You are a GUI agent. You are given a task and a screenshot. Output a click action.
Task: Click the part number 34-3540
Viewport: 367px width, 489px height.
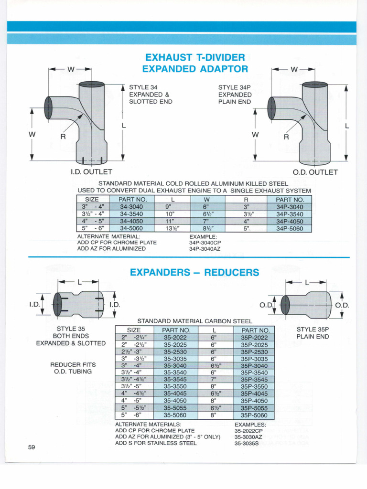pos(131,214)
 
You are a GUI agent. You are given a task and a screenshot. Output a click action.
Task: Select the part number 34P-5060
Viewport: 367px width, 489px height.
pos(290,228)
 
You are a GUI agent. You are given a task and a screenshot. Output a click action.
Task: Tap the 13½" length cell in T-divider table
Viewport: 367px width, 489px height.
pos(172,228)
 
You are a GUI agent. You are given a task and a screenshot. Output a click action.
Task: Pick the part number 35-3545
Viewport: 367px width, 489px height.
pos(175,380)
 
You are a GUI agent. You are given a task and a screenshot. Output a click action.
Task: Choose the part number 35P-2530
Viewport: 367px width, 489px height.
pos(254,352)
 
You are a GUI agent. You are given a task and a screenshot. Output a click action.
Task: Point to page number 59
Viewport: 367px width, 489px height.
pos(32,447)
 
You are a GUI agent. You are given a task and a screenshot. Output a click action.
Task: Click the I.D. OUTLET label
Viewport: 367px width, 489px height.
pos(91,172)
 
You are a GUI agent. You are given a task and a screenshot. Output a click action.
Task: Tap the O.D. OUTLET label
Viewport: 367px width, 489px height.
pos(315,172)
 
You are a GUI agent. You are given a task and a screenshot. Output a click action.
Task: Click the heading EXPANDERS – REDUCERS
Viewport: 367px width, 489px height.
pos(194,272)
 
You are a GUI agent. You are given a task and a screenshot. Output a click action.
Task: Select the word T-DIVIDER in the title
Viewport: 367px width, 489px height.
pos(221,57)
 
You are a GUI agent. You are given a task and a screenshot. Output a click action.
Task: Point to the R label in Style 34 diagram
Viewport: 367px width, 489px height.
pos(63,137)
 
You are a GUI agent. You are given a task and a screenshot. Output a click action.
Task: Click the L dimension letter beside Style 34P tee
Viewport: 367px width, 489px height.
pos(347,126)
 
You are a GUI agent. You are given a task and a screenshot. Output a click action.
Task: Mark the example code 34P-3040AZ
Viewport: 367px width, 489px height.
pos(205,249)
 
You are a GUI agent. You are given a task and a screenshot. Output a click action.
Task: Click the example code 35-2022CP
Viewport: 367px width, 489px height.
pos(248,431)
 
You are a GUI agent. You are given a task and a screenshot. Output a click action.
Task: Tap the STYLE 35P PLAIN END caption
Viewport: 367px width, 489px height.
pos(313,333)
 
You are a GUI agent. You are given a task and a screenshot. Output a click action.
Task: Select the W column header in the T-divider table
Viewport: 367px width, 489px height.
pos(206,200)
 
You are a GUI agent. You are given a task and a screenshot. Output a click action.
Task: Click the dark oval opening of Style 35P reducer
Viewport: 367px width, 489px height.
pos(285,305)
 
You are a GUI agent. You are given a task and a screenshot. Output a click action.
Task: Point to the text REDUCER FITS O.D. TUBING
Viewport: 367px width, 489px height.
pos(73,368)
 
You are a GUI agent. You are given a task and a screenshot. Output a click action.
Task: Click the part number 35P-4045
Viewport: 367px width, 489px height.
pos(254,393)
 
